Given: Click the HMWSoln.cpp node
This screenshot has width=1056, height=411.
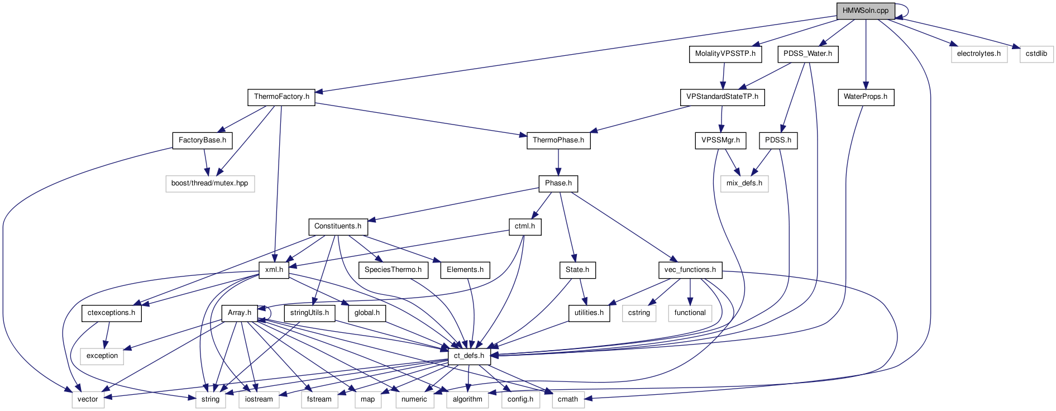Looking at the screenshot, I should (865, 11).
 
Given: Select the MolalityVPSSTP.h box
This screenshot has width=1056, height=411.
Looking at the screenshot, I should (725, 54).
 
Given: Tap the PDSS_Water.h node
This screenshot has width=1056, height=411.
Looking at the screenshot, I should (807, 54).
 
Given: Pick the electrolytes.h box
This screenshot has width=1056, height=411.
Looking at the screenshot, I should (978, 54).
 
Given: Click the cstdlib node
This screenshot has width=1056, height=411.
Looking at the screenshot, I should (1036, 54).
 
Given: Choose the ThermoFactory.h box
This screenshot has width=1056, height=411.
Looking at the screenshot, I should (281, 97).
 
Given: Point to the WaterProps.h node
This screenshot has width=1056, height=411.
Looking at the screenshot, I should (865, 97).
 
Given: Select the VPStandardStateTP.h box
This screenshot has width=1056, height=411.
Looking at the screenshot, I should (722, 97).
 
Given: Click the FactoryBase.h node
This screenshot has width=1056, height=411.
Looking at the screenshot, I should (202, 140).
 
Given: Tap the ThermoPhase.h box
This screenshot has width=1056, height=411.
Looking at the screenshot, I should (558, 140).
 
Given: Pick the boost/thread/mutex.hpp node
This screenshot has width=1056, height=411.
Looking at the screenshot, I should (209, 183).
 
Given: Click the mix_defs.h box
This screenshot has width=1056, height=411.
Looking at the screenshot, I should (744, 183).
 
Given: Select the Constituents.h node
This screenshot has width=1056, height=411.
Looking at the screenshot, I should (337, 226).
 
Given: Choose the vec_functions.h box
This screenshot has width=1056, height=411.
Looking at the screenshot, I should (690, 270).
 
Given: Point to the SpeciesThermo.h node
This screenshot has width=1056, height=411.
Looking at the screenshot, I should (393, 270).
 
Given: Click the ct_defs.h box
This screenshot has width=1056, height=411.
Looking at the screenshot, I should (469, 356).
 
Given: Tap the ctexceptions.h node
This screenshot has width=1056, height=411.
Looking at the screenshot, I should (111, 313).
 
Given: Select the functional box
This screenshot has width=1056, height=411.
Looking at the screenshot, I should (690, 313).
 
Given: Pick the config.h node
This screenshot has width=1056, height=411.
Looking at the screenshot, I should (520, 399).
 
